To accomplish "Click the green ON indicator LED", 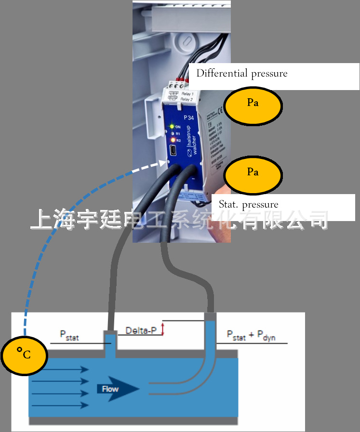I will (x=172, y=126).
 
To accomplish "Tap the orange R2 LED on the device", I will (x=172, y=140).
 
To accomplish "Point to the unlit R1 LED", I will (x=172, y=133).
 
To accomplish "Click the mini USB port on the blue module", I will (x=173, y=153).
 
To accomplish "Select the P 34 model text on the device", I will (x=188, y=117).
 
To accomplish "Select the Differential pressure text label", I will (x=241, y=74).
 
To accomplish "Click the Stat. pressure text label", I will (x=248, y=205).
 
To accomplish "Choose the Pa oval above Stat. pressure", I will (x=253, y=172).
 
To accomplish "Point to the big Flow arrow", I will (x=118, y=389).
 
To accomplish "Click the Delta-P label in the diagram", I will (x=141, y=331).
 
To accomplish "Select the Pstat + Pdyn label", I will (x=251, y=336).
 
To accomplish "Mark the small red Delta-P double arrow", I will (x=163, y=329).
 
